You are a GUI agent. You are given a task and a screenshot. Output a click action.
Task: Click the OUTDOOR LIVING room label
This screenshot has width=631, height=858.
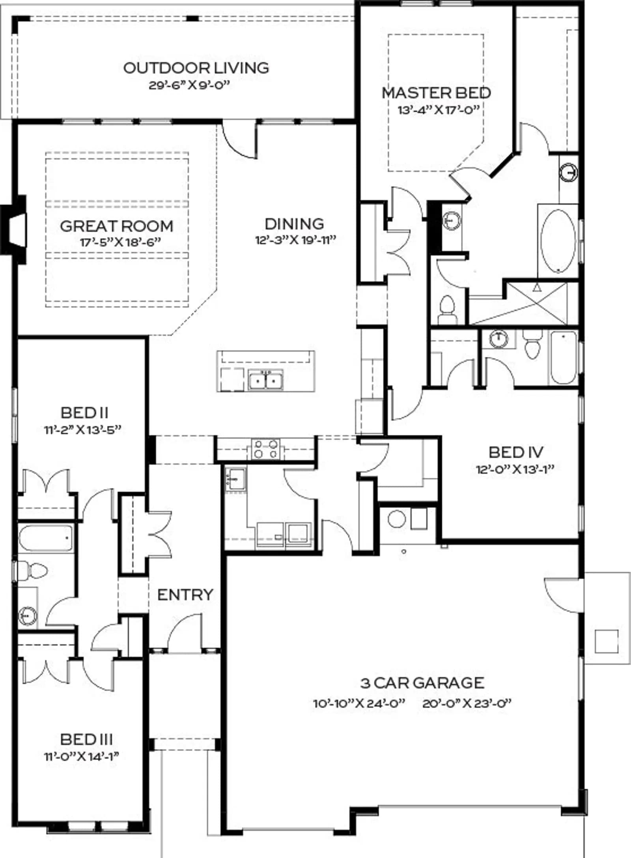coord(196,68)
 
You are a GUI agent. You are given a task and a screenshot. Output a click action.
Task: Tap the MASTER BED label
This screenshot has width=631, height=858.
coord(436,93)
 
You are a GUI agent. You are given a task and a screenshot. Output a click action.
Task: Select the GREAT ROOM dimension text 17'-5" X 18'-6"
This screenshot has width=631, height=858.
coord(121,242)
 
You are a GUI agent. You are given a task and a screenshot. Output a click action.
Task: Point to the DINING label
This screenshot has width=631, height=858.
coord(294,224)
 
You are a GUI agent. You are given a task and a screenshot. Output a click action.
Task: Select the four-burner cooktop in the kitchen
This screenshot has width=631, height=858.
coord(265,449)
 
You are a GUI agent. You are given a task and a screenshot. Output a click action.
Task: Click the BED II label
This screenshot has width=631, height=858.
coord(84,412)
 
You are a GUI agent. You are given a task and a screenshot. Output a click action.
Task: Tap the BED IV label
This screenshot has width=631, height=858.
coord(516,452)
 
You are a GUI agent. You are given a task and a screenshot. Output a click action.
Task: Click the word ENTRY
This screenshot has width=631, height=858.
coord(185,595)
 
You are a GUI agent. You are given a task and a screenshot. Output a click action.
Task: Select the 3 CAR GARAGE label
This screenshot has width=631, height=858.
coord(422,683)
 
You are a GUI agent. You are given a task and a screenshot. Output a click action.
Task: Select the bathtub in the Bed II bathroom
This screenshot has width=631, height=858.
coord(46,538)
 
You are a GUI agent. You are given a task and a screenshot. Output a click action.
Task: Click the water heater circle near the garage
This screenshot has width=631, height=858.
coord(397,519)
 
